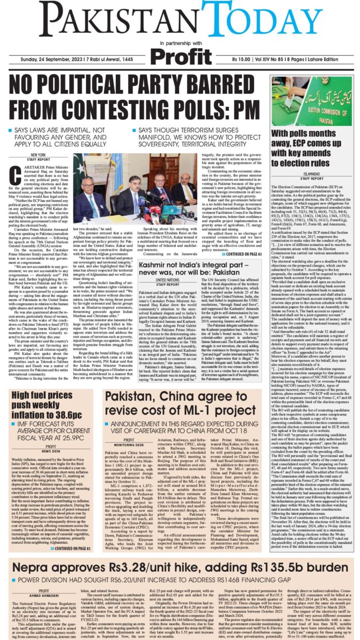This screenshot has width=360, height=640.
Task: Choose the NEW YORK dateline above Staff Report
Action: [x=38, y=155]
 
